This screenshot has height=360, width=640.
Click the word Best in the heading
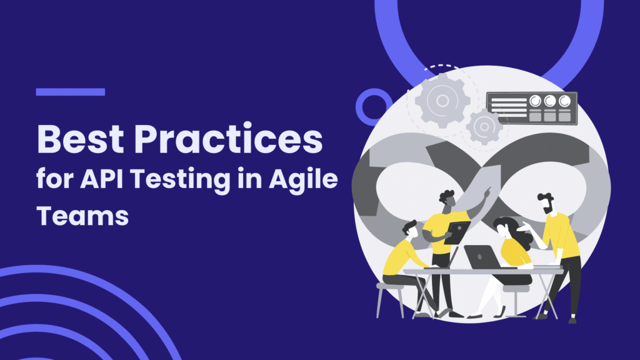coord(81,139)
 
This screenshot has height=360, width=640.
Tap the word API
coord(102,179)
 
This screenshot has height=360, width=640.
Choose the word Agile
coord(303,181)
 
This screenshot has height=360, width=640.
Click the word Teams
coord(82,216)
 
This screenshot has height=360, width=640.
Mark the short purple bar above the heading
coord(70,92)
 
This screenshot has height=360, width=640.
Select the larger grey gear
coord(442,101)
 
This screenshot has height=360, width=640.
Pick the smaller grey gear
coord(484,127)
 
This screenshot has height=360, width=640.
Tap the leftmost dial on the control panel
coord(535,101)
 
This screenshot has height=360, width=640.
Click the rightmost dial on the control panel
coord(564,101)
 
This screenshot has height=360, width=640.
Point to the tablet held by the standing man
coord(457,232)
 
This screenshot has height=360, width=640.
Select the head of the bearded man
coord(546,203)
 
